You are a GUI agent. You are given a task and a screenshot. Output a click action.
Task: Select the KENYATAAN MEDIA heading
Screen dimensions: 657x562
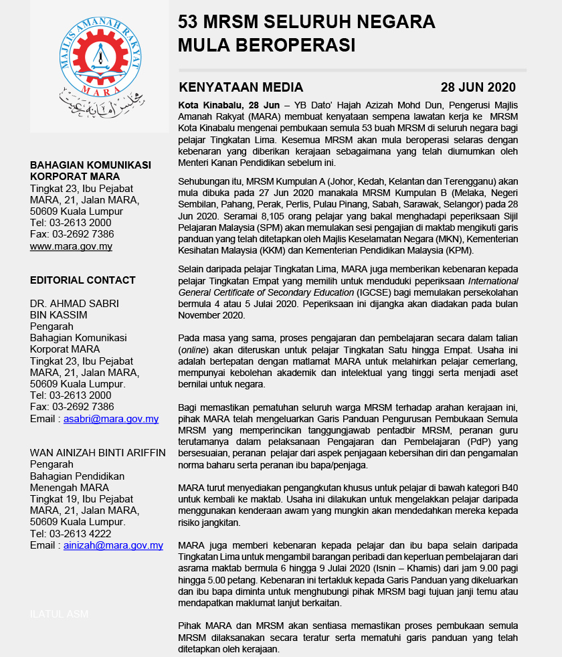pyautogui.click(x=241, y=88)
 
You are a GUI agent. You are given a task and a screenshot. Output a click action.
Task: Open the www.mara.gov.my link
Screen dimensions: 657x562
pyautogui.click(x=71, y=246)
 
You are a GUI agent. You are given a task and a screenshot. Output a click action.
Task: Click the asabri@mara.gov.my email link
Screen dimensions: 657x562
pyautogui.click(x=110, y=419)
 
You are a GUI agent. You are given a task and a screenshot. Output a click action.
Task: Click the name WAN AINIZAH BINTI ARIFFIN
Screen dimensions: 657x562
pyautogui.click(x=98, y=452)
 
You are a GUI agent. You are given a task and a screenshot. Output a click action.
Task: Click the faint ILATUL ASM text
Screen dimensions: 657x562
pyautogui.click(x=59, y=614)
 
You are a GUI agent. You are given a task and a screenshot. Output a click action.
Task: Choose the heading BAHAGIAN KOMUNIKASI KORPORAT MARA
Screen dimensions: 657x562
pyautogui.click(x=90, y=171)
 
